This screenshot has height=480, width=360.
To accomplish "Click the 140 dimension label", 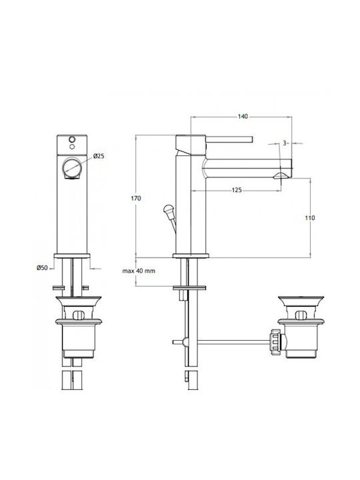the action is tap(243, 116).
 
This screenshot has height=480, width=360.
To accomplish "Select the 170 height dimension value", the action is tap(136, 199).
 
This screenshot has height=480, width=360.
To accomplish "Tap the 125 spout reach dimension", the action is tap(237, 190).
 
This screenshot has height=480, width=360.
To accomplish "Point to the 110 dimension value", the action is tap(310, 218).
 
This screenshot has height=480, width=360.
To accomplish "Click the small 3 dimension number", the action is tap(285, 143).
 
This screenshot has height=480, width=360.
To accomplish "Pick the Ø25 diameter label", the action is tap(99, 156).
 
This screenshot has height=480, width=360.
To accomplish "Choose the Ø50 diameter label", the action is tap(42, 268).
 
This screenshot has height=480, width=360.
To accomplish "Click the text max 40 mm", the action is tap(139, 271).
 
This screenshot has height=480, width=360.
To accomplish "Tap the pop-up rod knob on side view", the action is tap(168, 210).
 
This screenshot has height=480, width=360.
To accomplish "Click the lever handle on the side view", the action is tap(229, 139).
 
